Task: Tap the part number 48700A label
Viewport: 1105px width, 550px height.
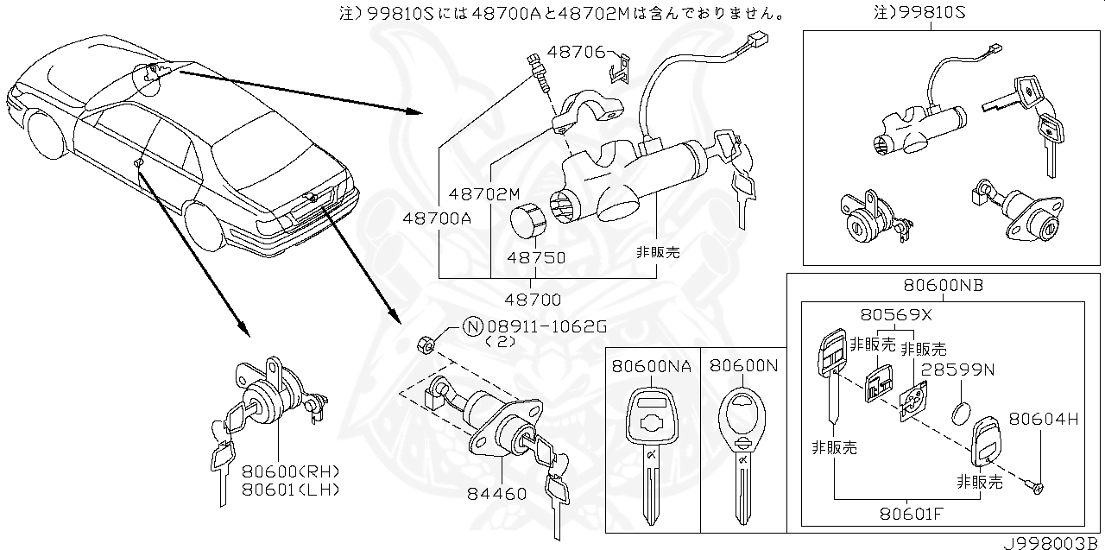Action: [x=436, y=218]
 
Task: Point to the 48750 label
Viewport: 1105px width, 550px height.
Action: [x=536, y=257]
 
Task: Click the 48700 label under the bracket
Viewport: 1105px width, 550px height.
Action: [x=534, y=300]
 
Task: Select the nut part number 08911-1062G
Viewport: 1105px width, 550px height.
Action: [x=546, y=326]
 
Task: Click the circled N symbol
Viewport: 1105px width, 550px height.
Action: [x=472, y=326]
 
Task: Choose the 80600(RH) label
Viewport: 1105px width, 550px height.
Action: [x=290, y=471]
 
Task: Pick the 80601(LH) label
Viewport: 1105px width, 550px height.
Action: [x=290, y=489]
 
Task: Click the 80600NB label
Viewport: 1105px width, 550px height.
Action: [x=944, y=285]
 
